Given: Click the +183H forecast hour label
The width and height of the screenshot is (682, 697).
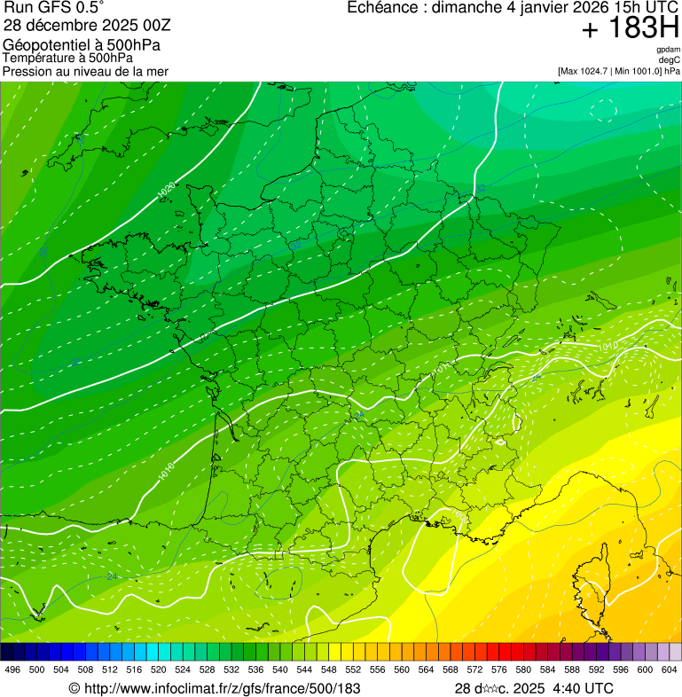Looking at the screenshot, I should point(630,29).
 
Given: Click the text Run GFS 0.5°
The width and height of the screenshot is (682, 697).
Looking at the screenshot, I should point(54,9).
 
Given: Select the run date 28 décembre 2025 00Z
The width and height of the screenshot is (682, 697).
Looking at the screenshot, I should point(82,26).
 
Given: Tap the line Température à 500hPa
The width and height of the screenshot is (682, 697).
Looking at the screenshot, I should point(74,58).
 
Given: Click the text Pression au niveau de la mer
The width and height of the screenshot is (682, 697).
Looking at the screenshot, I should point(85,70).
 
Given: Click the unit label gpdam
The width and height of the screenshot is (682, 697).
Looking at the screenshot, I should point(669,50).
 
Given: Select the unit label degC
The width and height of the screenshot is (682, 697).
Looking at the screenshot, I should point(670,59).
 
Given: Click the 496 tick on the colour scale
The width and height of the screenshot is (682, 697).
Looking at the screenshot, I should point(12,670).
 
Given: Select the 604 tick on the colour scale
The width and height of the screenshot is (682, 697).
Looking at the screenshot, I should point(669,670).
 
